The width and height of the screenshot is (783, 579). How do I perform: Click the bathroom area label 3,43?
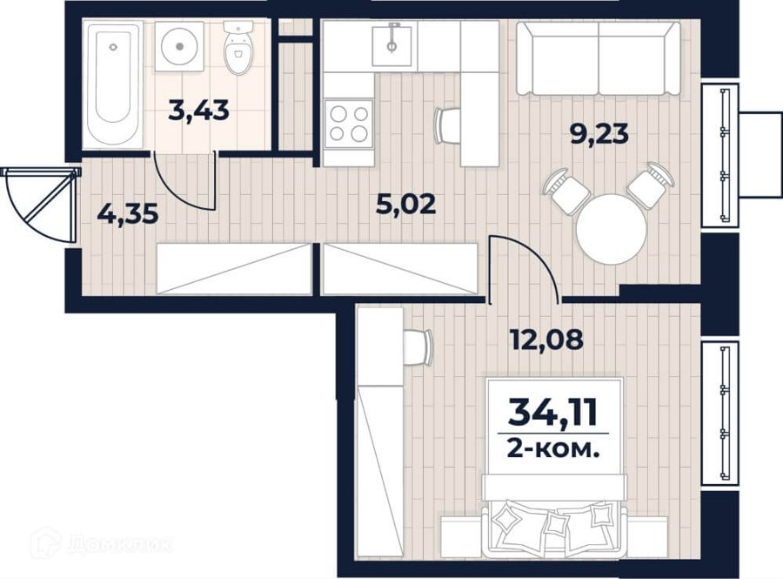198,111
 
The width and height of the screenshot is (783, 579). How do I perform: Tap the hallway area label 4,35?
128,214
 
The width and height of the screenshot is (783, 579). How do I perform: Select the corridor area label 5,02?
405,205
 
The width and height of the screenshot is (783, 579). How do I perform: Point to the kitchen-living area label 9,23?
599,134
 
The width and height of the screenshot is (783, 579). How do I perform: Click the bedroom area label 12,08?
546,340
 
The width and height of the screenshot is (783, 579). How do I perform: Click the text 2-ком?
552,450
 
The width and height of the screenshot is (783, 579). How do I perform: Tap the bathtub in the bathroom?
113,84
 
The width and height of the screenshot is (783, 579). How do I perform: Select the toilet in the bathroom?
238,48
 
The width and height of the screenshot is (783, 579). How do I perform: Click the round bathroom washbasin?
179,46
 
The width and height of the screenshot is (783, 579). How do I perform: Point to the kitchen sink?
392,46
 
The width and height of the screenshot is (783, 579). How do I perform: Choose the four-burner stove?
349,124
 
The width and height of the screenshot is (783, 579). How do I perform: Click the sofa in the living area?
598,58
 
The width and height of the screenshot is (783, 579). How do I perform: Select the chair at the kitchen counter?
447,125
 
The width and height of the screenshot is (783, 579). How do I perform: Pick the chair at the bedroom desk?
418,347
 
